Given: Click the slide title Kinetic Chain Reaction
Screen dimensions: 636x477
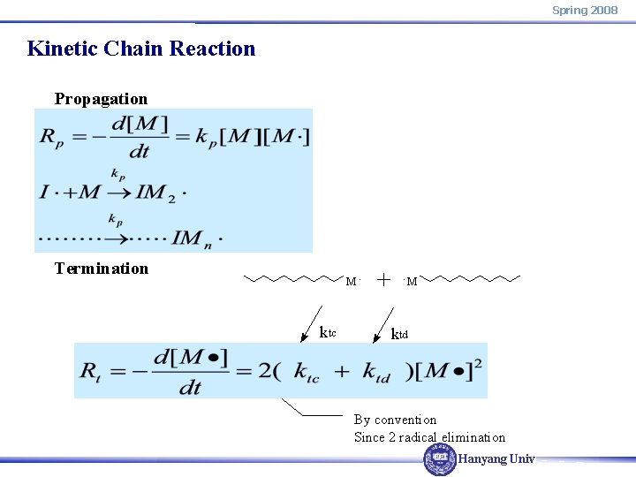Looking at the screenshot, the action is pyautogui.click(x=141, y=49).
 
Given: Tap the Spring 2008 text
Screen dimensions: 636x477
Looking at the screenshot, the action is pyautogui.click(x=585, y=10).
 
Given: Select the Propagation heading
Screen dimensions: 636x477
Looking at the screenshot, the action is pyautogui.click(x=101, y=99).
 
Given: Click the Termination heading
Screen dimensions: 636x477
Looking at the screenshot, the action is pyautogui.click(x=102, y=269).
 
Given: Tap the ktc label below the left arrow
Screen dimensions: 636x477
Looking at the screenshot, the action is pyautogui.click(x=328, y=333).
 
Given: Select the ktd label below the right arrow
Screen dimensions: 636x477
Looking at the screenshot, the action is pyautogui.click(x=399, y=334).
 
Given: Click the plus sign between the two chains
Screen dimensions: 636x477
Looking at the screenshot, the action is pyautogui.click(x=384, y=279).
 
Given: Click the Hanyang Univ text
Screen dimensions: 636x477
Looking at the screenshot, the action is pyautogui.click(x=496, y=459).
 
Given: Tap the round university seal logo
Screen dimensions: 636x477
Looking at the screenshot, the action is pyautogui.click(x=440, y=459).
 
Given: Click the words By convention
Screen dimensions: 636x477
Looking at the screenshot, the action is pyautogui.click(x=395, y=420).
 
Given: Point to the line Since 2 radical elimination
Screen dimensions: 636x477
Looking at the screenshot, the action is pyautogui.click(x=429, y=437).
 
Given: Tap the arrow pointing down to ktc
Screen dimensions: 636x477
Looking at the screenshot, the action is pyautogui.click(x=314, y=315).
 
